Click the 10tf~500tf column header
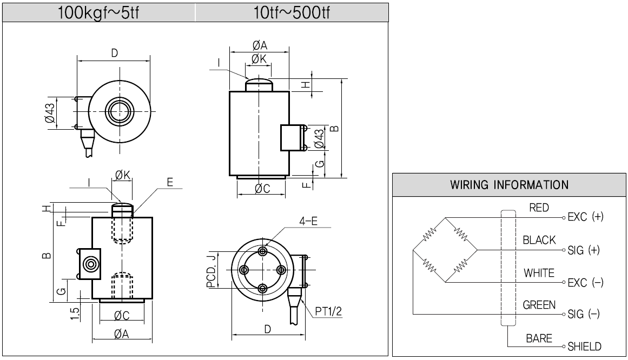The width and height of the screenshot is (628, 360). point(291,12)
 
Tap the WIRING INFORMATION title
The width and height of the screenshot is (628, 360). point(509,185)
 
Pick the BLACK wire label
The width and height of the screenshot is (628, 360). point(539,241)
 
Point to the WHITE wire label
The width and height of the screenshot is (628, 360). point(539,273)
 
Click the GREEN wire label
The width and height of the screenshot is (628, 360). point(539,305)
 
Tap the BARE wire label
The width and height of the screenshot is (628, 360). point(539,338)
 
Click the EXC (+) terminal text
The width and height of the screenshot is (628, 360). point(585,217)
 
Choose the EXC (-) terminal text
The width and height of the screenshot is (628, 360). point(585,283)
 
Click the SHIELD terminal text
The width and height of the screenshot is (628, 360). point(584,346)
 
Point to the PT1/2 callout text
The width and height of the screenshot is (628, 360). point(327,311)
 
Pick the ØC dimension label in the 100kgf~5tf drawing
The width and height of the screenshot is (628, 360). point(121,315)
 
